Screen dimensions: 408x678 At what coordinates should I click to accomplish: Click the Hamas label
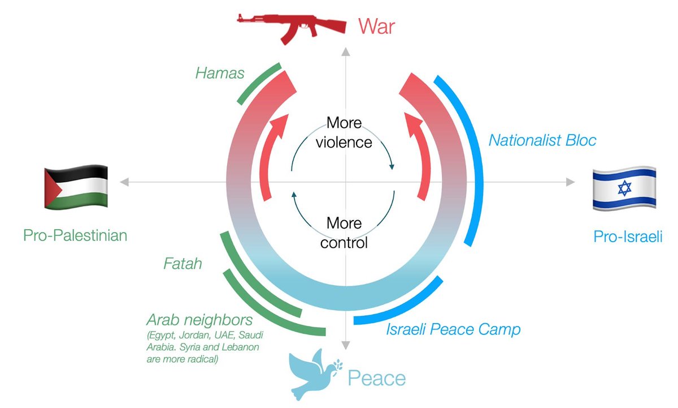point(220,72)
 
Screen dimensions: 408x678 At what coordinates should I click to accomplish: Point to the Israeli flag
point(624,188)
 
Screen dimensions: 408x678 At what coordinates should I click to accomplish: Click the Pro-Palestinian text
point(75,235)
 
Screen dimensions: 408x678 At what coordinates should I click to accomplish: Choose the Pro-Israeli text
point(628,237)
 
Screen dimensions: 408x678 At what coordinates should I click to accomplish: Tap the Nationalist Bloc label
point(542,140)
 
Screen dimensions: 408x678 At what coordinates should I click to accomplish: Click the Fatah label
point(182,264)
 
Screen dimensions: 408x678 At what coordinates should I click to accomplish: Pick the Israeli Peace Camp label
point(453,329)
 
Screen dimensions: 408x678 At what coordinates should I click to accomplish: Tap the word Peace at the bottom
point(376,378)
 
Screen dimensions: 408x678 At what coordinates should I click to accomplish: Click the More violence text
point(344,132)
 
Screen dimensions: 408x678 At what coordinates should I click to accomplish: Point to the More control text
point(344,233)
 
